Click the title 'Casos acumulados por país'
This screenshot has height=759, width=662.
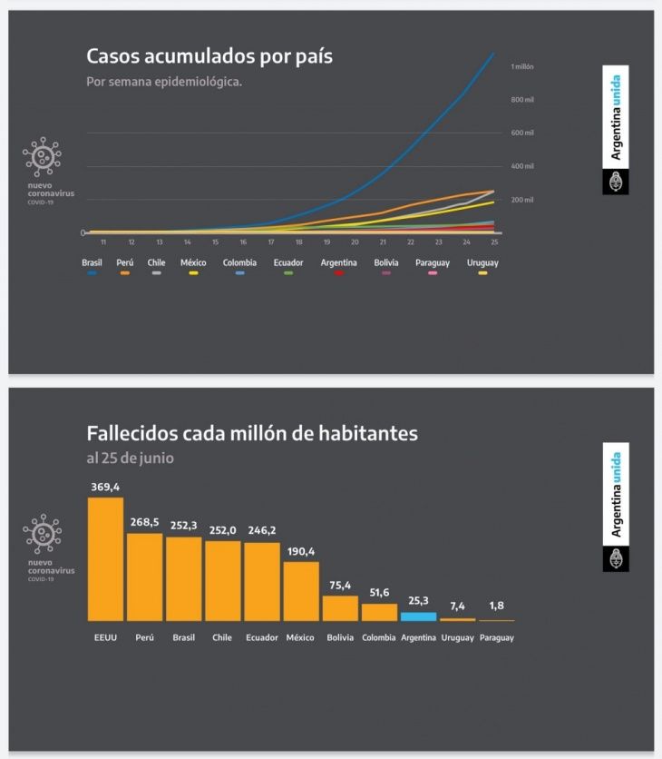pyautogui.click(x=209, y=56)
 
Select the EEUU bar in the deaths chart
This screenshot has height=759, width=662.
pyautogui.click(x=105, y=558)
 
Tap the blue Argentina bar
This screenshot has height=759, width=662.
pyautogui.click(x=418, y=616)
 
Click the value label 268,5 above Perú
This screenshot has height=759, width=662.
pyautogui.click(x=144, y=522)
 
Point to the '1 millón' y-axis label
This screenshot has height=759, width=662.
pyautogui.click(x=522, y=66)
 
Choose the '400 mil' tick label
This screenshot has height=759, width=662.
pyautogui.click(x=522, y=166)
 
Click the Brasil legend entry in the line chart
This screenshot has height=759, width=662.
pyautogui.click(x=92, y=262)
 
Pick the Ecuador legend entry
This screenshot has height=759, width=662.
pyautogui.click(x=287, y=262)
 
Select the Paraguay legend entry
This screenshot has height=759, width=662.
pyautogui.click(x=433, y=262)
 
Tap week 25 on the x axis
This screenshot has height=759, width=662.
pyautogui.click(x=494, y=242)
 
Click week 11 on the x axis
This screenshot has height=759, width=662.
pyautogui.click(x=103, y=242)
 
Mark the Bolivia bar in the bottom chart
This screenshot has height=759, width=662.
pyautogui.click(x=340, y=607)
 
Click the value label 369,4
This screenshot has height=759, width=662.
pyautogui.click(x=105, y=488)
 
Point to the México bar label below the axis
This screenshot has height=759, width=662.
pyautogui.click(x=300, y=637)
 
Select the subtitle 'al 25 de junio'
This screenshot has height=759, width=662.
pyautogui.click(x=130, y=458)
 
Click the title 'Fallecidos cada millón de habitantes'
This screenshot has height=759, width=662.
pyautogui.click(x=252, y=433)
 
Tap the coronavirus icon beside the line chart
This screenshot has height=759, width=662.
pyautogui.click(x=42, y=158)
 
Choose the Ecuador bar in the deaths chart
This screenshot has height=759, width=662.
pyautogui.click(x=262, y=581)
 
